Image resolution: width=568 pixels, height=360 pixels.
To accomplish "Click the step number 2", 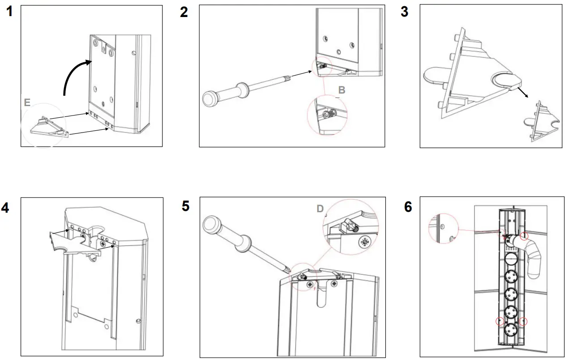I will pyautogui.click(x=184, y=12).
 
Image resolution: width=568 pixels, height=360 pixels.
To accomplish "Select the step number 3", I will pyautogui.click(x=404, y=12).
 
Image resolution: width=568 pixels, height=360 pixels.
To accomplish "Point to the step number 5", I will pyautogui.click(x=186, y=206).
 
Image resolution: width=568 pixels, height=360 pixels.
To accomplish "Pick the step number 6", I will pyautogui.click(x=408, y=207).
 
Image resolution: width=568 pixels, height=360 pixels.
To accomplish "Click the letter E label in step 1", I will pyautogui.click(x=28, y=103).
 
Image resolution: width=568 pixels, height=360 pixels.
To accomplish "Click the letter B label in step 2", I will pyautogui.click(x=342, y=90).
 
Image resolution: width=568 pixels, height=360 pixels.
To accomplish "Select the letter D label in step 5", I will pyautogui.click(x=320, y=209).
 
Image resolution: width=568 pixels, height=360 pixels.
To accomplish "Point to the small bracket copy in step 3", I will pyautogui.click(x=542, y=121).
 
